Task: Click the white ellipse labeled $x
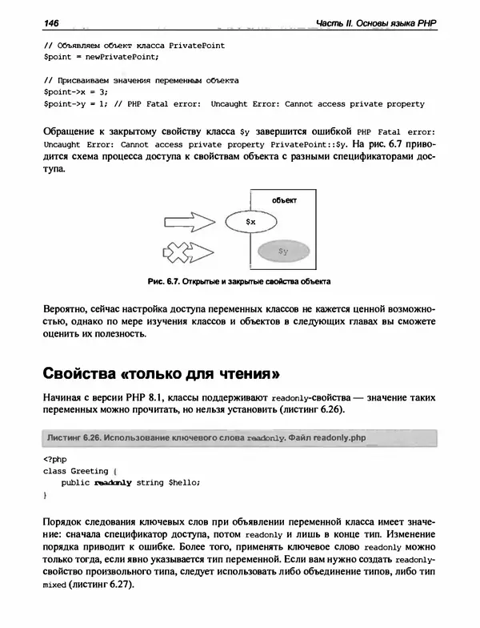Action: pos(251,219)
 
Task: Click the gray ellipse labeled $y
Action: pos(282,252)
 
